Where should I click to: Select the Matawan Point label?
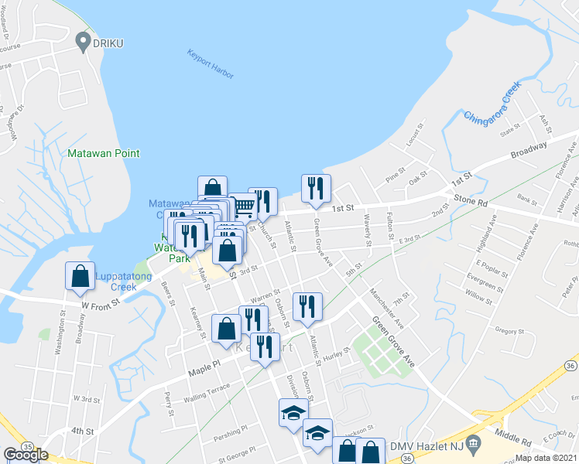[103, 154]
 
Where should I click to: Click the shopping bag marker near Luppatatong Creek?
[81, 278]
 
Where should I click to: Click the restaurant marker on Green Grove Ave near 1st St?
[316, 189]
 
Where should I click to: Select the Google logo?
[26, 455]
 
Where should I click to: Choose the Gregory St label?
[510, 331]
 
